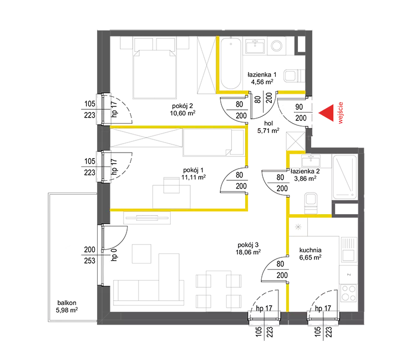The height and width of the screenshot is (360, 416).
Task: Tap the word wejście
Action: point(341,113)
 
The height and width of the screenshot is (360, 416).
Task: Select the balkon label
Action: point(67,303)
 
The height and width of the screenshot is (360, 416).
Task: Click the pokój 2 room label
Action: point(182,106)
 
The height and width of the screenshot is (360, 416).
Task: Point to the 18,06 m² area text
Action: point(248,252)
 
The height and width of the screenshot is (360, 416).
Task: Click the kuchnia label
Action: point(310,250)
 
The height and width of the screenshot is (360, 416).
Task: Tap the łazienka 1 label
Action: point(262,74)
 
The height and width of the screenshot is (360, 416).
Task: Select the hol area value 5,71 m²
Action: point(268,130)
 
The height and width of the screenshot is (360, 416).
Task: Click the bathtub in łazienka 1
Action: point(231,64)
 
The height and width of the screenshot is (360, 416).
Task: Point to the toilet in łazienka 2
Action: point(311,202)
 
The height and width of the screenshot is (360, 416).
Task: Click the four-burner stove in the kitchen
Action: point(349,293)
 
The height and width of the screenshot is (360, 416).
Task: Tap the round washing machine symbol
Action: point(277,45)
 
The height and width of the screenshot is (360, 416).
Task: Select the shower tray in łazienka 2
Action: point(345,177)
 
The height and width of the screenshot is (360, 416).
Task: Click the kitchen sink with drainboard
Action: point(348,250)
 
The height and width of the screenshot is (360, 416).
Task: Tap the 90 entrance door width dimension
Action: point(299,107)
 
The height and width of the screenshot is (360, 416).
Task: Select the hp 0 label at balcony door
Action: point(114,255)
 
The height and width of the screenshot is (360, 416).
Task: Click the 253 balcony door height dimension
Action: point(90,261)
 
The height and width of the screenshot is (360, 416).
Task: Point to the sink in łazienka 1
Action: point(255,46)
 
